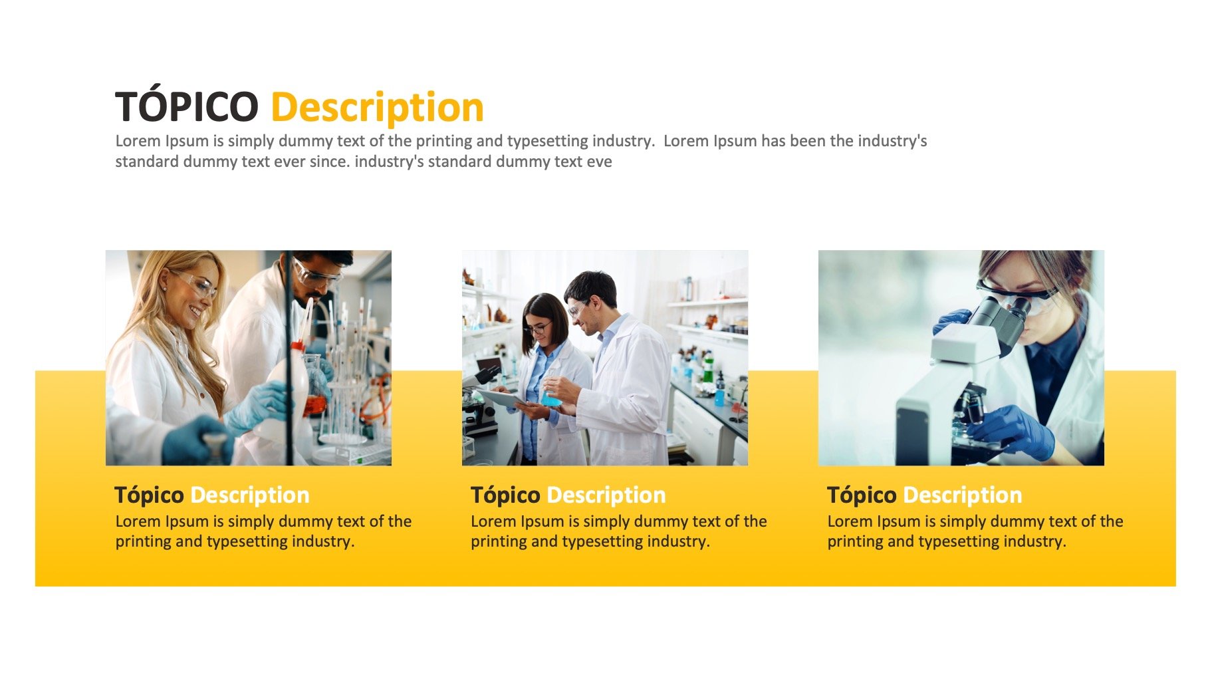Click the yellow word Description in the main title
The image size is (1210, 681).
378,108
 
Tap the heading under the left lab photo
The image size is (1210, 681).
212,495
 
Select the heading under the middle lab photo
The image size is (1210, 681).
568,495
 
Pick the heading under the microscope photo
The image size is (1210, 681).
925,495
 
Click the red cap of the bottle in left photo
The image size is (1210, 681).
299,346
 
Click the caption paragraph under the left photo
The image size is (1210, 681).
263,531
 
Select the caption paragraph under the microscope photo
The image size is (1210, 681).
975,531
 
